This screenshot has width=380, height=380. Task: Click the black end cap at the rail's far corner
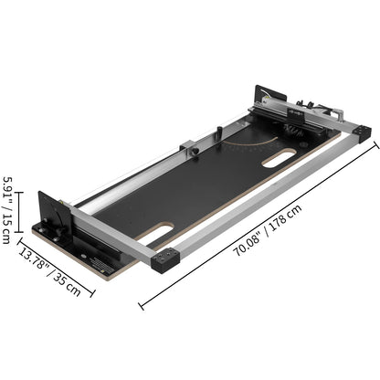click(363, 132)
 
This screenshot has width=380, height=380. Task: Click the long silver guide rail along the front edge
click(265, 196)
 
